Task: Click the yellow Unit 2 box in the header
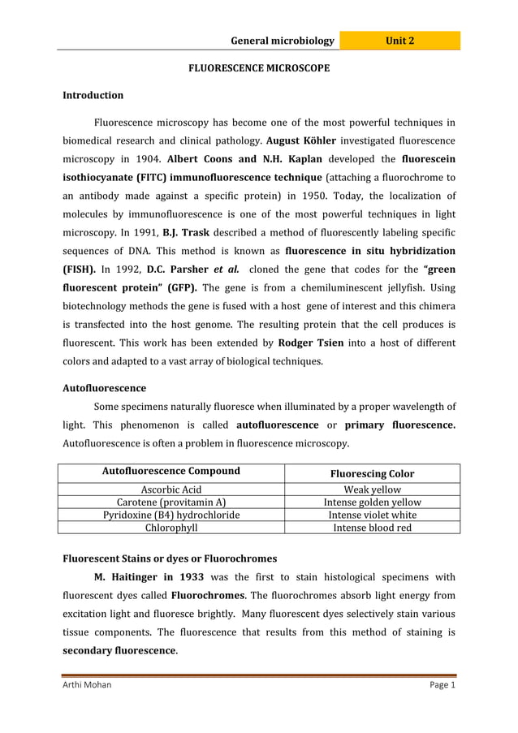399,41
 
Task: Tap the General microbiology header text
282,41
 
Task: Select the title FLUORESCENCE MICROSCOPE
259,69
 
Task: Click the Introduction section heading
93,96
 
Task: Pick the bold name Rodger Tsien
312,342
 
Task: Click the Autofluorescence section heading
105,388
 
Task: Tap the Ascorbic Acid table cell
171,489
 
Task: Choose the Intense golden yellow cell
372,502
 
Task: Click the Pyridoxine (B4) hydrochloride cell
171,515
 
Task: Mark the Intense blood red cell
372,528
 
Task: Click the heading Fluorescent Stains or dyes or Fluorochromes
170,558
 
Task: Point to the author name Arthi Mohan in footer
87,685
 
